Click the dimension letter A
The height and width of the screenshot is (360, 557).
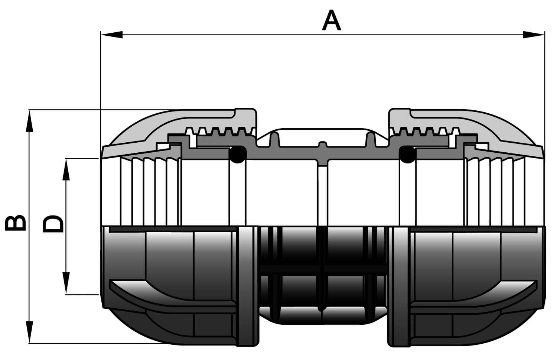coord(332,20)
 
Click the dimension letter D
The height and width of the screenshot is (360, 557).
coord(53,223)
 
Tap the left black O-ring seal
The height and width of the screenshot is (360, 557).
coord(238,154)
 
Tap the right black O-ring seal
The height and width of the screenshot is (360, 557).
coord(407,154)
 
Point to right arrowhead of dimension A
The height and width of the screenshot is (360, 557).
coord(533,35)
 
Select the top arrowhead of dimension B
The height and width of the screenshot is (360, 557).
coord(29,121)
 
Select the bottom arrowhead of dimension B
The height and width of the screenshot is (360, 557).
coord(29,332)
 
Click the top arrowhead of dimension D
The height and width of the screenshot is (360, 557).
coord(66,169)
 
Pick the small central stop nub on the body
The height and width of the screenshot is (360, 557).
coord(323,145)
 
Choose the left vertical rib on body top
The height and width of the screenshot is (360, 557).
coord(274,140)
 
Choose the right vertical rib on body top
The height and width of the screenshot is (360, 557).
coord(371,140)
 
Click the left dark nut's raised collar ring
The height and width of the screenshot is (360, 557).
coord(248,286)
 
